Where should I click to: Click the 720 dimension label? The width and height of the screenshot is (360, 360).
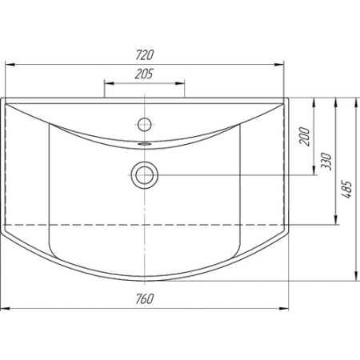[145, 55]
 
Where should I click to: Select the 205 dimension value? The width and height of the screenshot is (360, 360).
[144, 74]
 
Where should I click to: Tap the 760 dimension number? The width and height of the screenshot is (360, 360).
[145, 299]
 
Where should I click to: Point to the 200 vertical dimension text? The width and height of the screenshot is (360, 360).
[305, 136]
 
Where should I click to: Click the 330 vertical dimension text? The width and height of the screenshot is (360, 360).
[326, 162]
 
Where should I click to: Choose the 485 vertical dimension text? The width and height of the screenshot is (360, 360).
[347, 190]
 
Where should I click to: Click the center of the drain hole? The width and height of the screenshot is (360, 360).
[144, 175]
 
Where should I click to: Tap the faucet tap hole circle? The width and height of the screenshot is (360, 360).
[145, 124]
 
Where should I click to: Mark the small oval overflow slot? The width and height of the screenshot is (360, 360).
[145, 144]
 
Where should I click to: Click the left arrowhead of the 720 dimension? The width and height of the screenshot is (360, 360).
[10, 65]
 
